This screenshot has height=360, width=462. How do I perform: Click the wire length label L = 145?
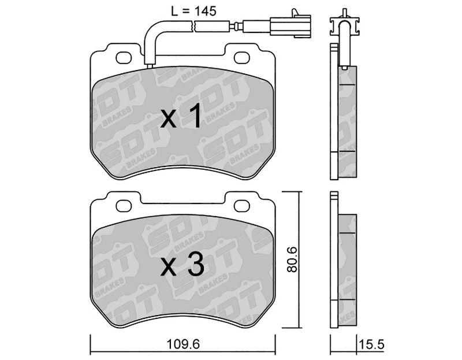[194, 11]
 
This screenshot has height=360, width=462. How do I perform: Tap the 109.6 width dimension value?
[183, 344]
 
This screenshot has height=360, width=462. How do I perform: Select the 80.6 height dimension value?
[293, 259]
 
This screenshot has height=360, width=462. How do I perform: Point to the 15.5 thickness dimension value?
[371, 344]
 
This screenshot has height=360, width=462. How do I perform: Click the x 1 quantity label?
[181, 117]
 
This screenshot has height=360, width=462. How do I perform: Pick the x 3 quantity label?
[182, 264]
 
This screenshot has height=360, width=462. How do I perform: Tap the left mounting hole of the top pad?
[124, 58]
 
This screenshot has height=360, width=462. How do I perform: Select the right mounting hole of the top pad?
[241, 58]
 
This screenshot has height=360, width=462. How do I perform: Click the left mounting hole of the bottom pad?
[124, 206]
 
